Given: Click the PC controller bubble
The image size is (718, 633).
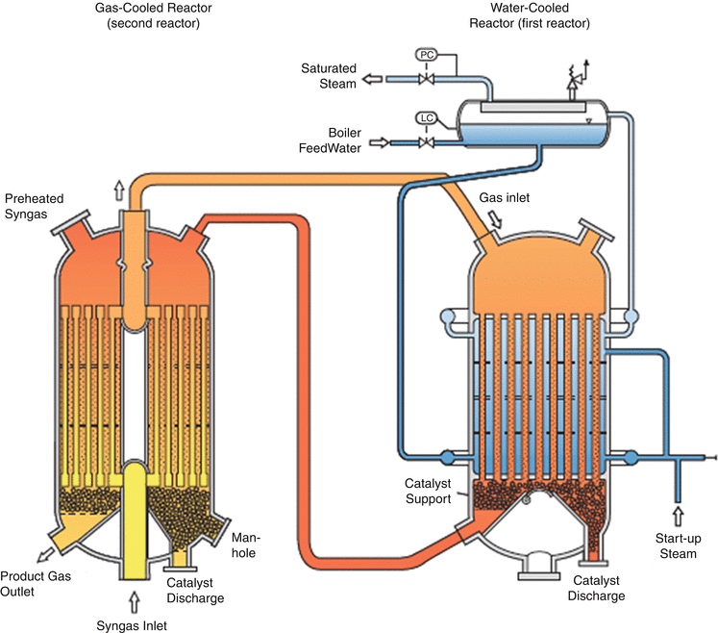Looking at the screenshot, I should click(x=426, y=55).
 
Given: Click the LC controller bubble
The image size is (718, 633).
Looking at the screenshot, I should click(x=426, y=118).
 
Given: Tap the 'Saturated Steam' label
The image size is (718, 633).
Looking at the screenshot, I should click(x=328, y=76).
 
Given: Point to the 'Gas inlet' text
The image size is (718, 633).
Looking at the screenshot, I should click(x=503, y=196).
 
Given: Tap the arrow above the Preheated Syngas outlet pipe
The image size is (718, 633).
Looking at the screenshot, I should click(x=120, y=188).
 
